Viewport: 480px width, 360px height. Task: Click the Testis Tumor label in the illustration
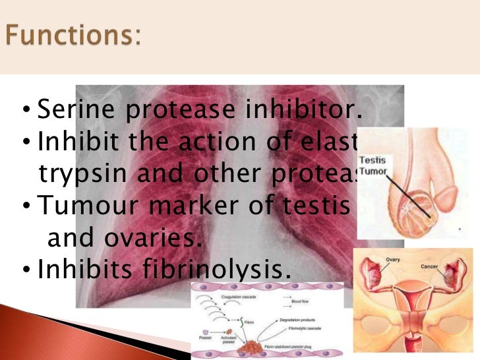coord(373,165)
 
